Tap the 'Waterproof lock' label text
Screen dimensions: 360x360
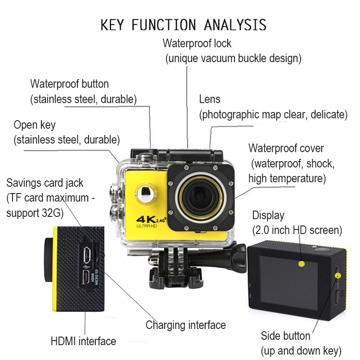click(x=197, y=44)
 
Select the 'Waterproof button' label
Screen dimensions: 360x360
click(x=69, y=84)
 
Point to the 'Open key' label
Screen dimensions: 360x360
click(x=35, y=125)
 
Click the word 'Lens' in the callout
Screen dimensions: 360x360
click(x=210, y=99)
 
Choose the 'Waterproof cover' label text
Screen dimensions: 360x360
click(x=286, y=148)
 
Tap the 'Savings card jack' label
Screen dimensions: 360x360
click(x=45, y=183)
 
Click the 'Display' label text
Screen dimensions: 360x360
click(x=268, y=215)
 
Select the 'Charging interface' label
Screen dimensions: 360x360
click(x=185, y=325)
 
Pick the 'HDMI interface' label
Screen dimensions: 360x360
click(x=83, y=341)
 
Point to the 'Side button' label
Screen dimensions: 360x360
click(x=285, y=336)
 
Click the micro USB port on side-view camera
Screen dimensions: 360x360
click(x=87, y=255)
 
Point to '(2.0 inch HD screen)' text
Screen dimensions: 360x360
click(x=297, y=230)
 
